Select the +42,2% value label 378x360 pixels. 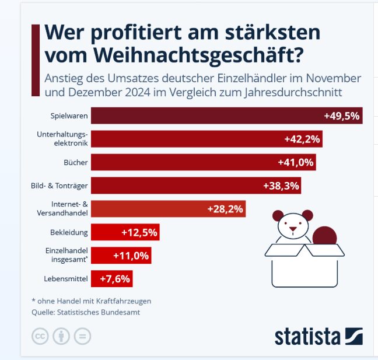tap(303, 139)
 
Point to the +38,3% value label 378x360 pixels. tap(281, 186)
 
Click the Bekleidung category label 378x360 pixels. tap(69, 232)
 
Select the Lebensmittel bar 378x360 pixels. tap(111, 279)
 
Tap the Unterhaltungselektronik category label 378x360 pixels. tap(62, 139)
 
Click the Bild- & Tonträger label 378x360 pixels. tap(60, 186)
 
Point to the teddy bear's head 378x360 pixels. tap(293, 225)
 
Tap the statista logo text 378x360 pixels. tap(308, 337)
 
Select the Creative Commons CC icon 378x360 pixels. tap(39, 337)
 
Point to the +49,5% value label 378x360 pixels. tap(341, 116)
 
